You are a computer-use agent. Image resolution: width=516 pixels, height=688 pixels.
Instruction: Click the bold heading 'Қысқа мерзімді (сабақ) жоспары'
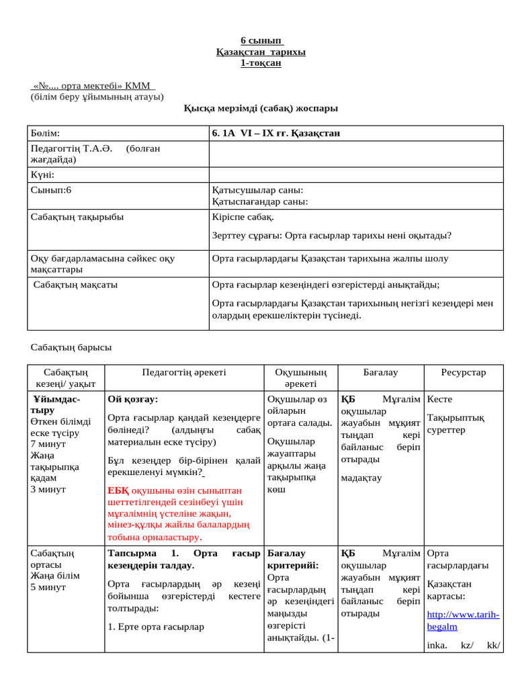(x=261, y=107)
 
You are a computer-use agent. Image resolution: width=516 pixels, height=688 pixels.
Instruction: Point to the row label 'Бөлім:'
(x=45, y=133)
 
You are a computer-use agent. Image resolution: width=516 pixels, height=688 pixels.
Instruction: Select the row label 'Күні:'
(x=42, y=175)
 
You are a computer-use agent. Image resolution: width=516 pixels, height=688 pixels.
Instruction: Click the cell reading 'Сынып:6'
(x=51, y=190)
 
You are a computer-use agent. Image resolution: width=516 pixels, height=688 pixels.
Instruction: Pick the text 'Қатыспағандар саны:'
(x=259, y=201)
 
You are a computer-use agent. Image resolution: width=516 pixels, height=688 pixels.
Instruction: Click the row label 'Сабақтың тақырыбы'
(x=77, y=217)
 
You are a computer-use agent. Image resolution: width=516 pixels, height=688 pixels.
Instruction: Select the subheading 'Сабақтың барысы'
(x=71, y=347)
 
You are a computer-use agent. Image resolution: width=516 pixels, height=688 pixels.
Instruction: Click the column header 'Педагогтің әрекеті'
(x=184, y=372)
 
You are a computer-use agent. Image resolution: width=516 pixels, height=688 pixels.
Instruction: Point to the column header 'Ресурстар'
(x=463, y=372)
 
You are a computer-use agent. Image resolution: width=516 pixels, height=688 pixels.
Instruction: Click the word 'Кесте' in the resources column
(x=440, y=399)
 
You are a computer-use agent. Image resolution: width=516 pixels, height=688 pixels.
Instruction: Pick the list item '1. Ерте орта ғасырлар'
(x=156, y=626)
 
